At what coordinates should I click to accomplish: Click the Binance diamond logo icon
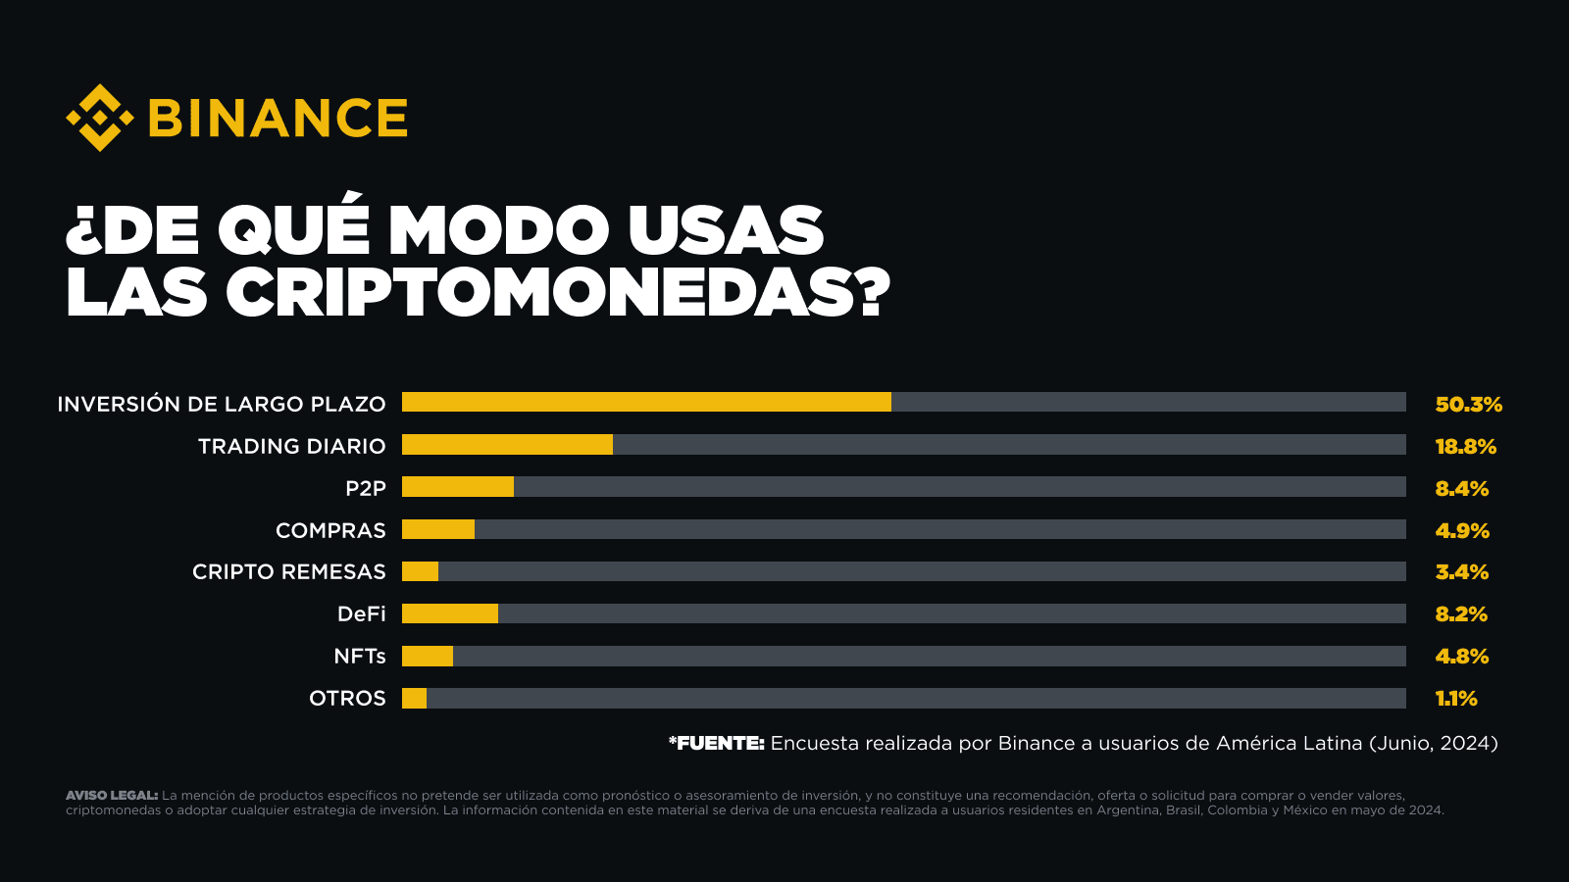[99, 118]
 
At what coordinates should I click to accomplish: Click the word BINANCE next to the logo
[278, 119]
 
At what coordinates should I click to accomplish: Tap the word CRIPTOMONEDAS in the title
[542, 292]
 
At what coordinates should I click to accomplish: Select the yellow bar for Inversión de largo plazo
[646, 402]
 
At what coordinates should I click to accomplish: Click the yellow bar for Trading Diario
[507, 445]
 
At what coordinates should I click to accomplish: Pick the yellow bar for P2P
[458, 487]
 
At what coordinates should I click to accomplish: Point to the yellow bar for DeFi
[450, 613]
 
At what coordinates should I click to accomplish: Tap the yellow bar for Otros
[414, 698]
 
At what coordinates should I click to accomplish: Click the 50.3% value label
[1468, 404]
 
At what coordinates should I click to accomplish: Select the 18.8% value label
[1465, 446]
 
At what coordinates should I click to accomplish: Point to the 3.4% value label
[1461, 571]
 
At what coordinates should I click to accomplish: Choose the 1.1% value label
[1455, 698]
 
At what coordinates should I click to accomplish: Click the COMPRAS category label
[330, 530]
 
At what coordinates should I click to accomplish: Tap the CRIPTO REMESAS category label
[288, 571]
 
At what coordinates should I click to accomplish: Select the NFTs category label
[359, 656]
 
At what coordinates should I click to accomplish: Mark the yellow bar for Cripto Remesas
[420, 571]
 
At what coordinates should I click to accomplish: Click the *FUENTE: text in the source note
[716, 743]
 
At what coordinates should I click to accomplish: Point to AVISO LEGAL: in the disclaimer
[111, 795]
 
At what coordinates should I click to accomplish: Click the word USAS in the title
[725, 230]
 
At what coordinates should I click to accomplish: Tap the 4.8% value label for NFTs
[1461, 656]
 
